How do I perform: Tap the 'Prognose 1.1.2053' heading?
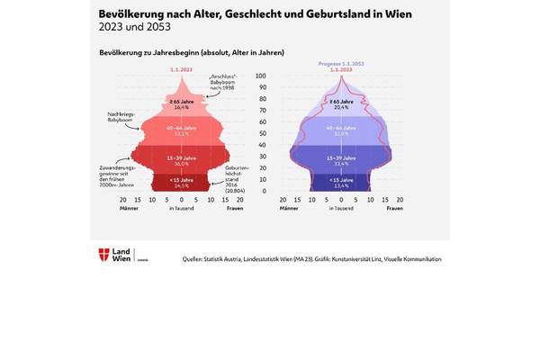(x=340, y=65)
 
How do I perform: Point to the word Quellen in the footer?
(x=197, y=258)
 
